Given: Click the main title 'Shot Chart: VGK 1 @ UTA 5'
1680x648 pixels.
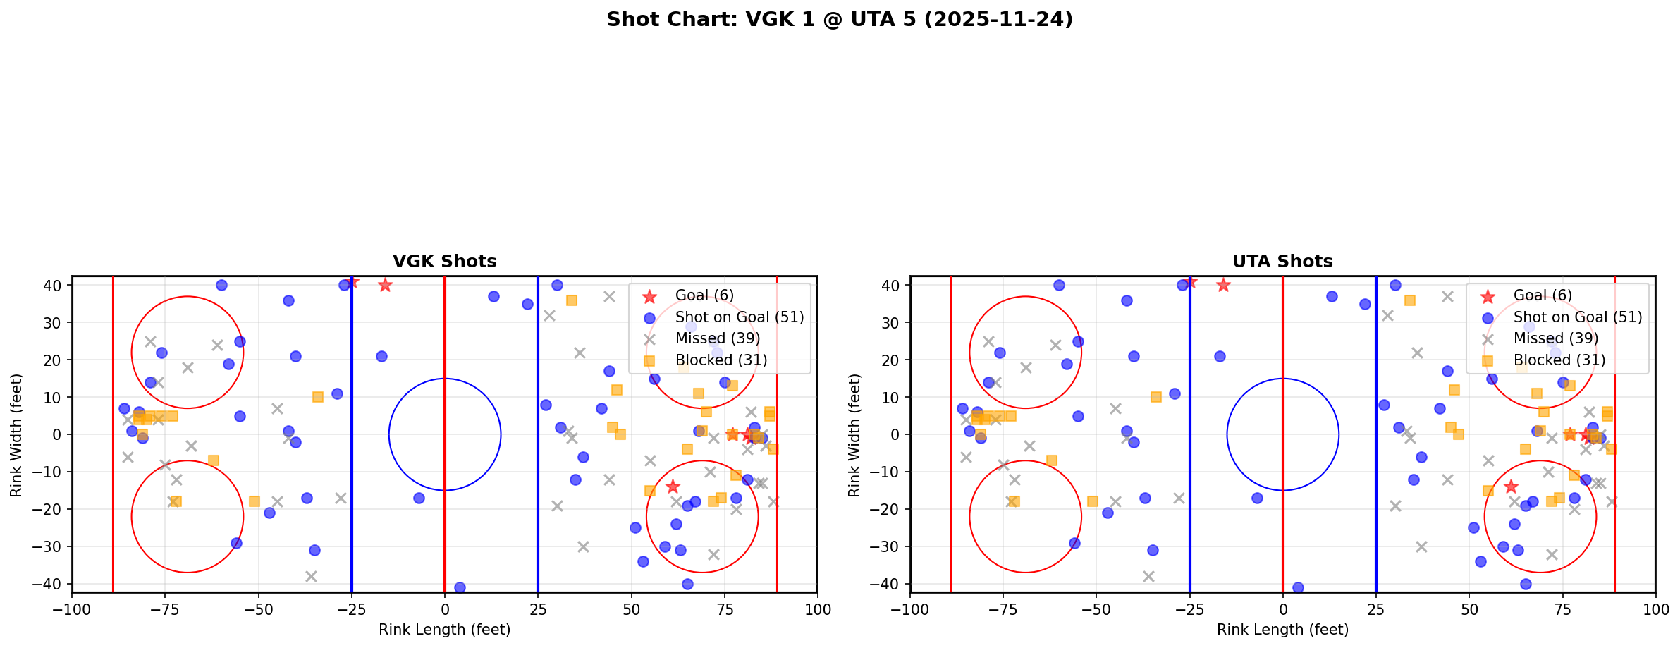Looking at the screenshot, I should click(839, 20).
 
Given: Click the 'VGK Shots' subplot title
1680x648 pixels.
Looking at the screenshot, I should click(444, 262).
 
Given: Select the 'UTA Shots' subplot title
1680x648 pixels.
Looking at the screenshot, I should click(1282, 262).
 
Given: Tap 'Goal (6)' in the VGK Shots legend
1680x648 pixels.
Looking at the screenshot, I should click(704, 295).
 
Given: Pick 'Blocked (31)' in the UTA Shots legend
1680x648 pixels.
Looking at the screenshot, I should click(1559, 360).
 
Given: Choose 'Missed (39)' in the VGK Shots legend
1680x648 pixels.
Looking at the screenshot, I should click(717, 338).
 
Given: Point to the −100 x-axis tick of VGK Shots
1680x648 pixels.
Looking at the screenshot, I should click(72, 609).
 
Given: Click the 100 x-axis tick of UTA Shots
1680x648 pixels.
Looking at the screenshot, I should click(1655, 609).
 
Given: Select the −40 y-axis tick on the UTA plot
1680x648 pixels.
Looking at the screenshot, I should click(889, 584).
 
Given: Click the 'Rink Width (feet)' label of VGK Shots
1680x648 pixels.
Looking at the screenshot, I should click(16, 434).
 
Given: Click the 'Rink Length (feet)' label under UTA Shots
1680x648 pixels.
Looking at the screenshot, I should click(1282, 630).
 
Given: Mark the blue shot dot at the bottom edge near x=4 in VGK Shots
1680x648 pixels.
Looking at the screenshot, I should click(460, 587).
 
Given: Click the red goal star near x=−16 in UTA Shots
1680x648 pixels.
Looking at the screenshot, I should click(1223, 285).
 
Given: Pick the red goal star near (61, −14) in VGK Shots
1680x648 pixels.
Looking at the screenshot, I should click(673, 487).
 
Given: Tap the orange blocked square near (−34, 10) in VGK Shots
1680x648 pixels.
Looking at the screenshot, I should click(318, 397).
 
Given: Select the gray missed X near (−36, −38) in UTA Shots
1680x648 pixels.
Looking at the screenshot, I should click(1148, 576).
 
